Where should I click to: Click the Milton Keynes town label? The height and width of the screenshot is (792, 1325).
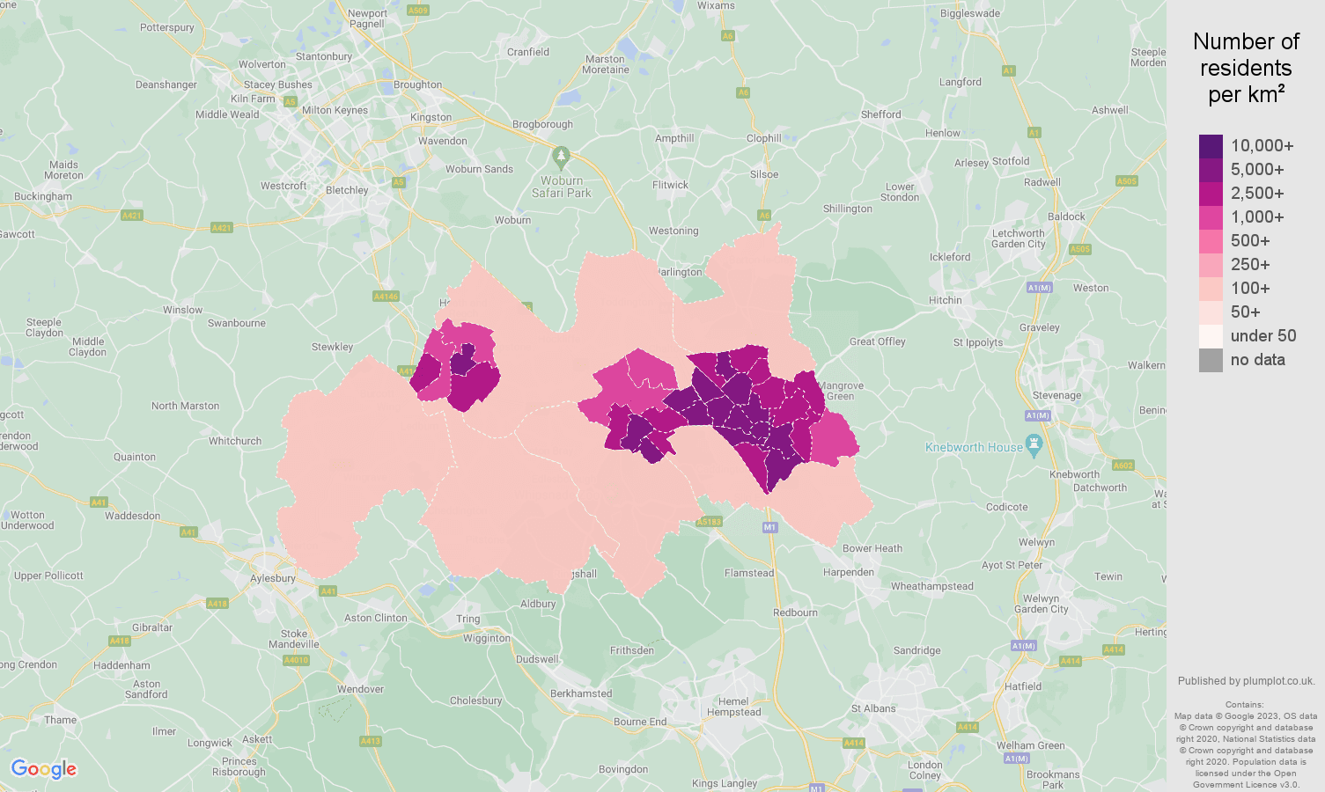(x=335, y=110)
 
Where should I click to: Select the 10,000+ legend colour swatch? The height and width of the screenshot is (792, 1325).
(x=1211, y=146)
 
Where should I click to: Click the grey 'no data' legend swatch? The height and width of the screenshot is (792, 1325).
(x=1211, y=360)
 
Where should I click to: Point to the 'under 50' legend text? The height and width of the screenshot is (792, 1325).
(x=1263, y=336)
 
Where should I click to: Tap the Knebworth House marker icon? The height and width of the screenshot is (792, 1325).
(x=1034, y=445)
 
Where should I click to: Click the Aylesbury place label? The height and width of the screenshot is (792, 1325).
(x=273, y=578)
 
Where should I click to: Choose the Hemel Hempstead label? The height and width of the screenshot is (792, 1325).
(x=733, y=707)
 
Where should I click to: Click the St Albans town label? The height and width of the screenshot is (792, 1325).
(x=873, y=708)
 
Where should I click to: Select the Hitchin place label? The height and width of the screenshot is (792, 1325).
(x=946, y=300)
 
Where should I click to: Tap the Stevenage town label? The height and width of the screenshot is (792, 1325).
(x=1056, y=395)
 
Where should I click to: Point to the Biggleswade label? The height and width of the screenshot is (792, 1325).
(x=970, y=13)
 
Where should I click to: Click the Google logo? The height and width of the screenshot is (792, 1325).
(x=44, y=769)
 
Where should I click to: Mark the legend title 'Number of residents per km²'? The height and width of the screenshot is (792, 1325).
(x=1246, y=68)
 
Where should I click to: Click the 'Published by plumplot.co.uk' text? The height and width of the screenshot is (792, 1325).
(x=1246, y=681)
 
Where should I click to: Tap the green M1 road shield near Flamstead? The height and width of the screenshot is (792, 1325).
(x=770, y=527)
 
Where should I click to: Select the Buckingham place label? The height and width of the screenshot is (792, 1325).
(x=43, y=196)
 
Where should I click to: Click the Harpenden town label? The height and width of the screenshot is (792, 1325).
(x=849, y=572)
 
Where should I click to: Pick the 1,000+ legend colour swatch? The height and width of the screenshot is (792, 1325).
(x=1211, y=217)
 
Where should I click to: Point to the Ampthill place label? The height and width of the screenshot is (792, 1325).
(x=674, y=138)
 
